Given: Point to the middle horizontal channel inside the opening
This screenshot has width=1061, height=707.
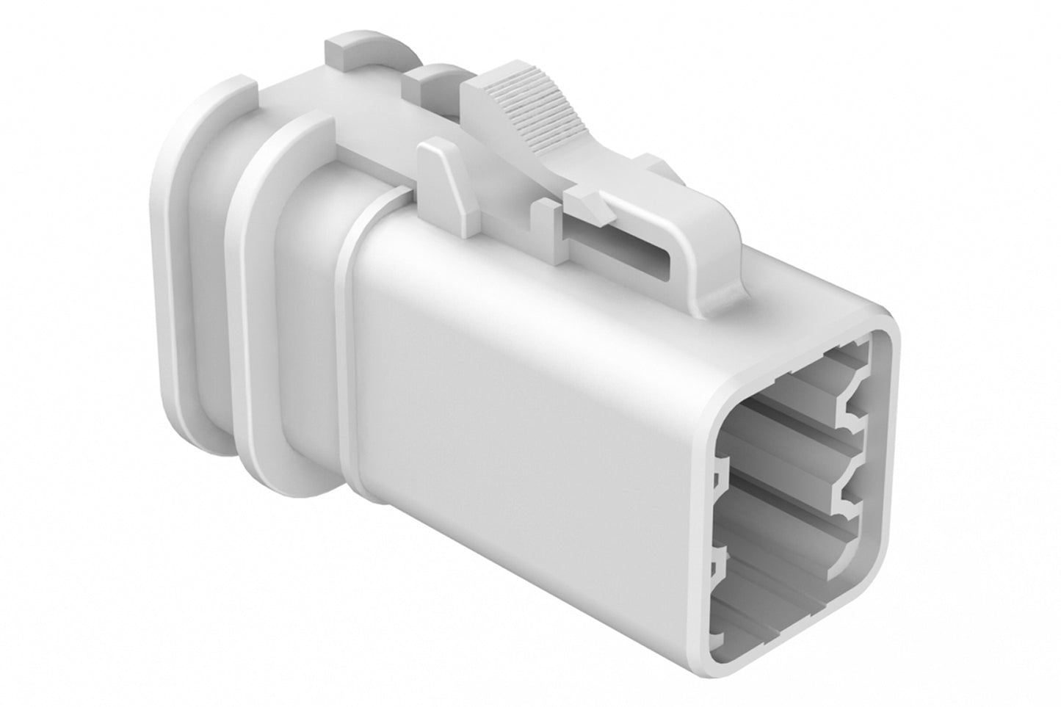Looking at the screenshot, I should [x=778, y=470].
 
